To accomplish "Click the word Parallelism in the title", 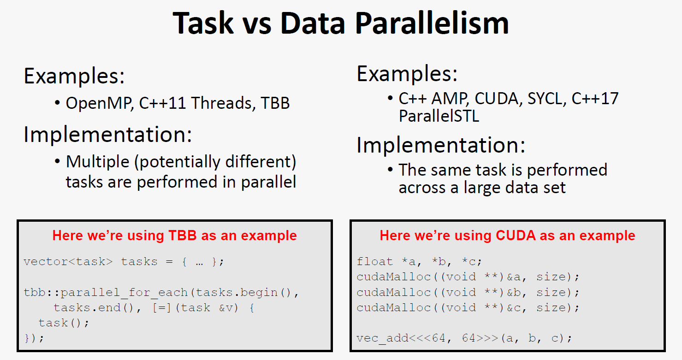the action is coord(432,24).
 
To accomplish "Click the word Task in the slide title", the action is coord(203,24).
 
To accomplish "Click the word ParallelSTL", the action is coord(439,116).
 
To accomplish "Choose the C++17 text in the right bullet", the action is coord(595,99).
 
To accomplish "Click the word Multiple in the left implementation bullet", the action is coord(98,162).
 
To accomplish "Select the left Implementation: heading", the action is coord(108,134).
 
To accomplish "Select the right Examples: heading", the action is coord(407,74).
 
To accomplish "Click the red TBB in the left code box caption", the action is coord(183,236).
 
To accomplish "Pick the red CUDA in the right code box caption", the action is coord(516,236).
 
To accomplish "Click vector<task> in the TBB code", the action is coord(68,261).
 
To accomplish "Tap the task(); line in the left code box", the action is coord(64,323).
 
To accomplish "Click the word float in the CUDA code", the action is coord(375,261).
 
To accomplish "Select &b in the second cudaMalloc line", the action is coord(514,292).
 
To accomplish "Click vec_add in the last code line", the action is coord(383,338).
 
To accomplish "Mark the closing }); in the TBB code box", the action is coord(34,338).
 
